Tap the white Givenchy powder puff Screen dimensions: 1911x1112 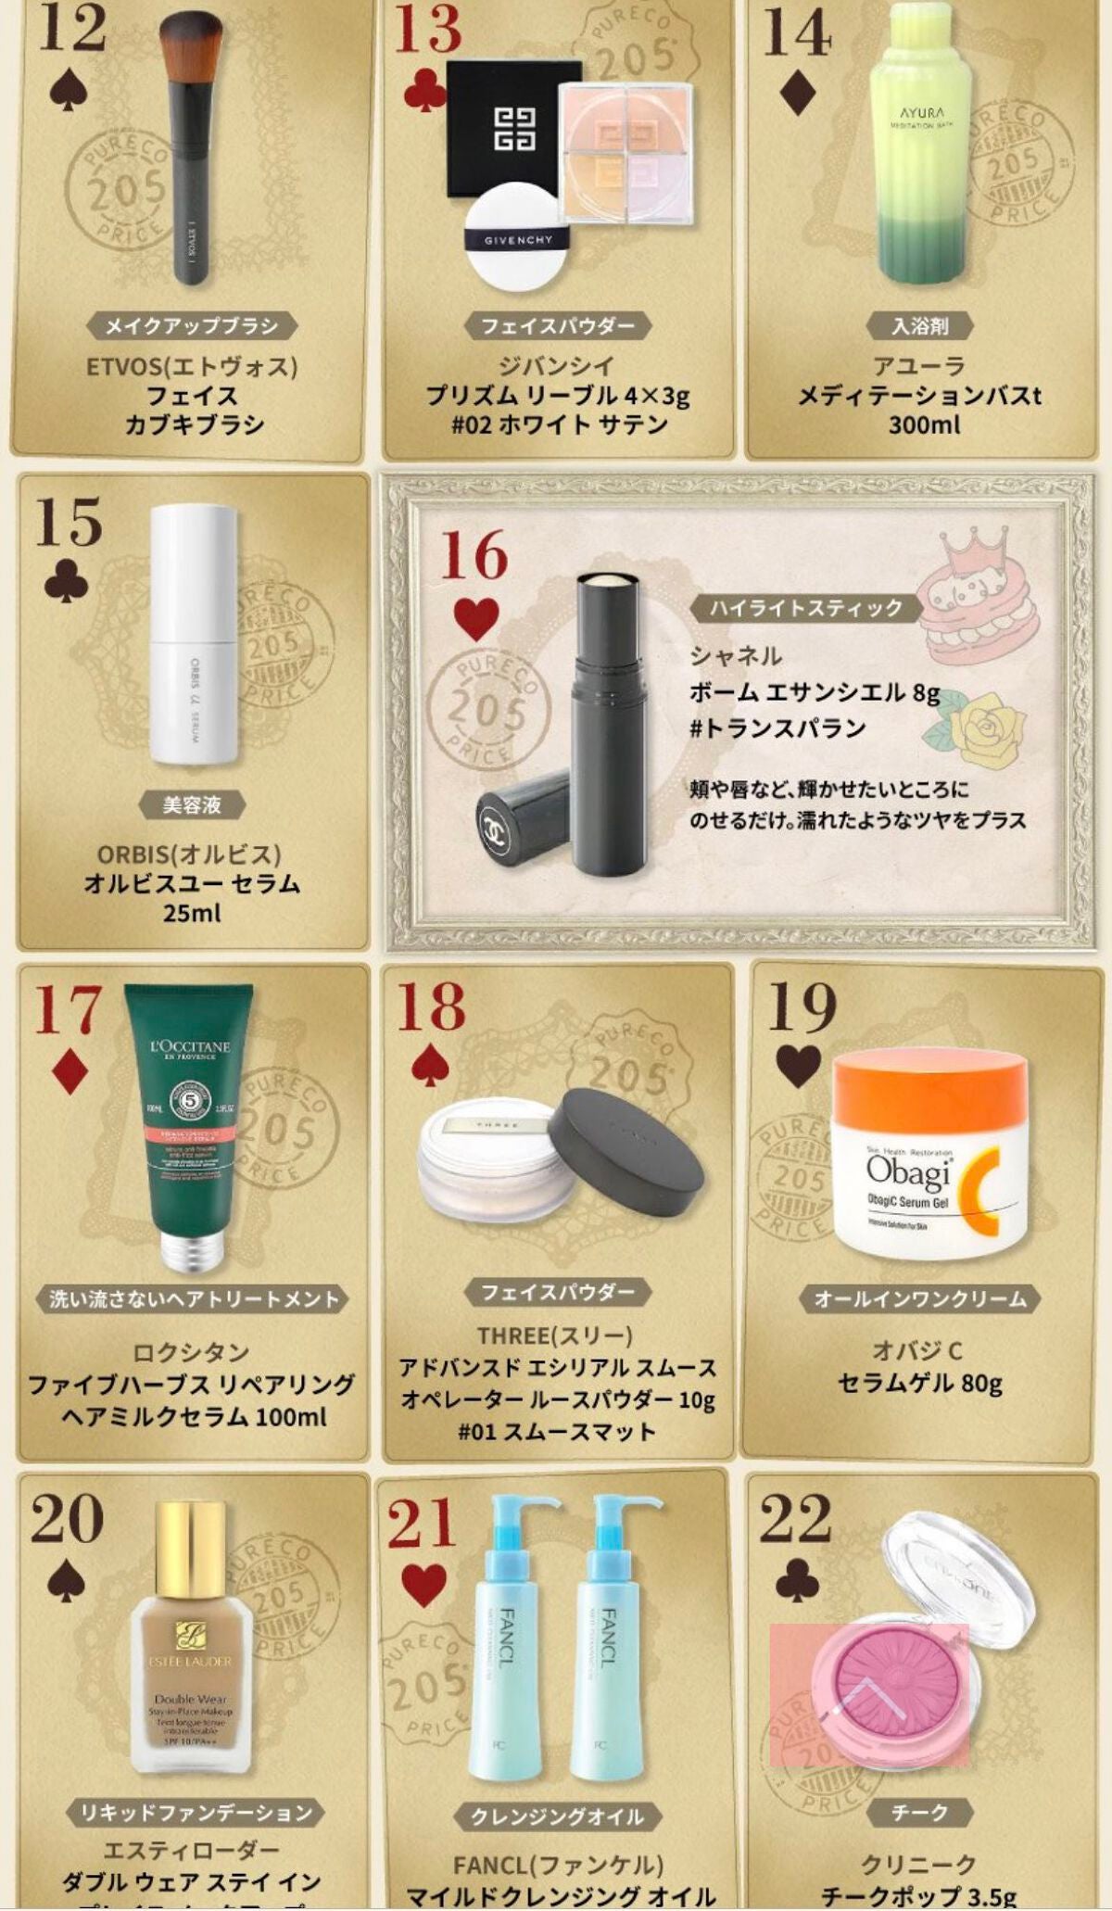[x=518, y=238]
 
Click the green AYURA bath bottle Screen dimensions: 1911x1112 [x=923, y=148]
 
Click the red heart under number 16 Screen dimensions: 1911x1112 [x=476, y=619]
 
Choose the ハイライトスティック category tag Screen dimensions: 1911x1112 [x=804, y=608]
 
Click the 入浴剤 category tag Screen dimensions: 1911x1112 [x=920, y=326]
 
